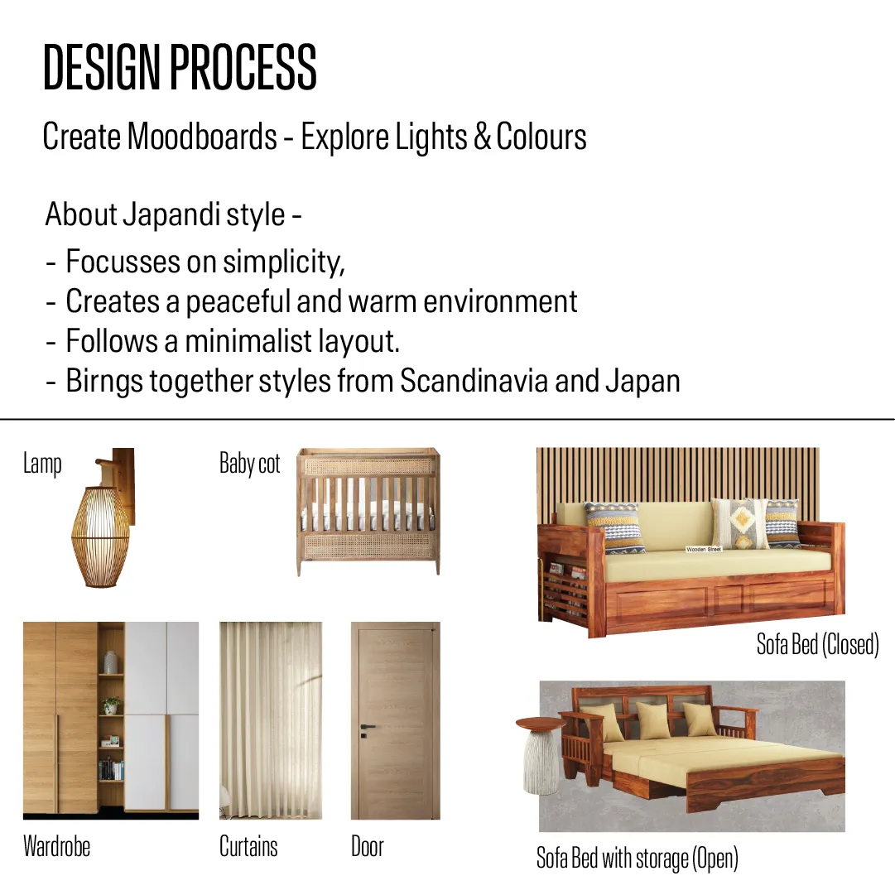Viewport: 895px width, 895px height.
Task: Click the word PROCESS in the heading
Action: (x=243, y=67)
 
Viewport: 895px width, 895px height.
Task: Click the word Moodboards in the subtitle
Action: (x=202, y=137)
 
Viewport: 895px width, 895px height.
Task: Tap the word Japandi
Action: (x=172, y=215)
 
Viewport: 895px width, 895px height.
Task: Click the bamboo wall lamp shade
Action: (x=100, y=537)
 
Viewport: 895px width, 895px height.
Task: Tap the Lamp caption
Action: (x=42, y=464)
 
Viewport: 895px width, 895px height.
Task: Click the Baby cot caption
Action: (x=249, y=464)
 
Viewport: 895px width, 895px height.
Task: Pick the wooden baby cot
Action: (x=368, y=511)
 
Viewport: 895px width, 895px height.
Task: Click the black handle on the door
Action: (x=367, y=728)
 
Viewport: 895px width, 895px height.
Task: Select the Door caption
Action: (x=367, y=846)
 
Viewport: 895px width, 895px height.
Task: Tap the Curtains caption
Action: (x=248, y=846)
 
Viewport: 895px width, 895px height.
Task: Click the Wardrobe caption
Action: (x=56, y=846)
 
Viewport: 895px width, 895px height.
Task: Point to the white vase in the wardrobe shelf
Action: (x=111, y=662)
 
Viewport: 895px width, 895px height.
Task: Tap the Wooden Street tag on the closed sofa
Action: (x=704, y=549)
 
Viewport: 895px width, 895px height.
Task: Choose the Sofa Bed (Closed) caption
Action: (x=817, y=644)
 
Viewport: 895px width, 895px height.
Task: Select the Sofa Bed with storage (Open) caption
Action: (x=637, y=859)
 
